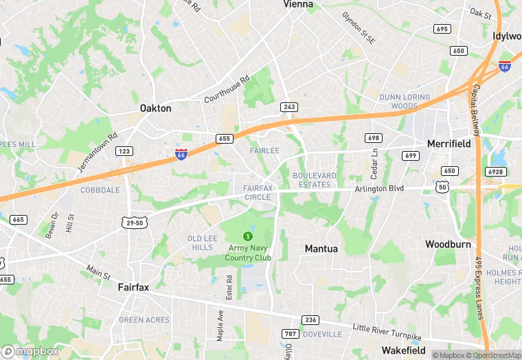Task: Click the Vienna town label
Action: (298, 4)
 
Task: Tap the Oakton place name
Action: (155, 108)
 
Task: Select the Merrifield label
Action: (449, 144)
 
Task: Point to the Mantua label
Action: (321, 248)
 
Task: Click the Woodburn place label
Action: (449, 244)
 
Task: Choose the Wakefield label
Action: (405, 350)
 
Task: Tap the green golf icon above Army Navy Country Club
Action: (248, 236)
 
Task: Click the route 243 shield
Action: (288, 107)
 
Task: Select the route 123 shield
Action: (124, 151)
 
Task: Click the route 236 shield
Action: (310, 320)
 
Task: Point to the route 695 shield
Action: (442, 28)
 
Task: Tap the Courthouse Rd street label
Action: (227, 89)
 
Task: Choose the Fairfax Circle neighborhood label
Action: (258, 192)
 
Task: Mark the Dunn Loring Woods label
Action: (405, 102)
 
